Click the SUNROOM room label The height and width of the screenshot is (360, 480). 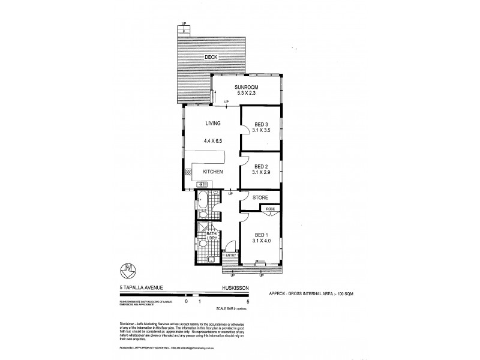pyautogui.click(x=247, y=86)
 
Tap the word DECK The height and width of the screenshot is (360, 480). pyautogui.click(x=210, y=57)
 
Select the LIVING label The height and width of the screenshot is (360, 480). pyautogui.click(x=214, y=124)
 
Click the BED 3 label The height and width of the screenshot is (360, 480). pyautogui.click(x=261, y=125)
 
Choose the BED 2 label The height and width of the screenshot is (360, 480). pyautogui.click(x=261, y=166)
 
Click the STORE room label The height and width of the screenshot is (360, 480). pyautogui.click(x=260, y=197)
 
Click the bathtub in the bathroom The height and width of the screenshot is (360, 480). pyautogui.click(x=202, y=201)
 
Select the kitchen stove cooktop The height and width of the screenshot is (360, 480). pyautogui.click(x=188, y=173)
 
